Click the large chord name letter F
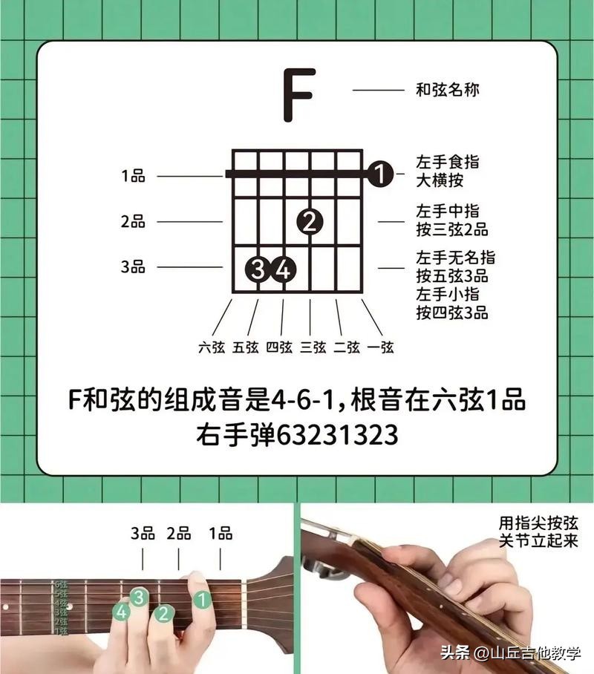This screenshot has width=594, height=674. (299, 94)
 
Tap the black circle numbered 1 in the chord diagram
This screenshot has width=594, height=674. (380, 174)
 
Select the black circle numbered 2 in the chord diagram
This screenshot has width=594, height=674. (310, 222)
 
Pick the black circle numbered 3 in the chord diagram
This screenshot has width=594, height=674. (258, 269)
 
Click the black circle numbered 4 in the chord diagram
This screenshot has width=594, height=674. (284, 269)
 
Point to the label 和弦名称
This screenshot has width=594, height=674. (447, 90)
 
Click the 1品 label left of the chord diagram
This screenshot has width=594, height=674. (133, 176)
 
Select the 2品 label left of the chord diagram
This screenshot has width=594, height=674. (133, 221)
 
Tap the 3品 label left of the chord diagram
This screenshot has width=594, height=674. (133, 266)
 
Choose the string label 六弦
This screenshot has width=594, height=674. (212, 347)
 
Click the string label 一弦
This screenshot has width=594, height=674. (381, 347)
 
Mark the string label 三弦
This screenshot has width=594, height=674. (313, 347)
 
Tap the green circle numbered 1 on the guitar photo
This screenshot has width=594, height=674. (202, 600)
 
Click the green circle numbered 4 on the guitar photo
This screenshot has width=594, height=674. (122, 612)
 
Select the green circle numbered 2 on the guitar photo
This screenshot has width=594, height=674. (163, 613)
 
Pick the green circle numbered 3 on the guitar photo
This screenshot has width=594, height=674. (139, 597)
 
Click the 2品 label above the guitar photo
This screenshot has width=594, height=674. (179, 534)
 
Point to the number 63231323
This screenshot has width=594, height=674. (337, 435)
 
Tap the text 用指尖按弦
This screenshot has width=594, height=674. (538, 523)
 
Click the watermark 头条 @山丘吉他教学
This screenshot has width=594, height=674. (511, 653)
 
